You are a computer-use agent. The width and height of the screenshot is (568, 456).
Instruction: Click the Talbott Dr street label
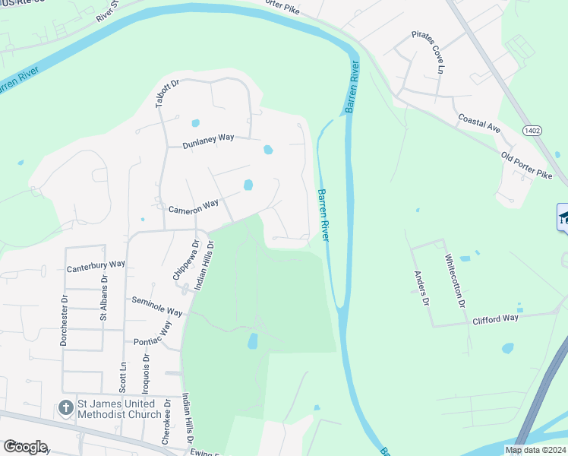coord(162,94)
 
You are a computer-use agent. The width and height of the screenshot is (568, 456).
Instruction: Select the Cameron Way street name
coord(194,206)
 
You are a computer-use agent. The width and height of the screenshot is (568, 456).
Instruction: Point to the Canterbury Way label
coord(95,266)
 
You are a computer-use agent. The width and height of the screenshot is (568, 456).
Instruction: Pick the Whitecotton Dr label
coord(455,280)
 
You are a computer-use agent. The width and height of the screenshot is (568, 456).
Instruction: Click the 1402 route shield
coord(532,131)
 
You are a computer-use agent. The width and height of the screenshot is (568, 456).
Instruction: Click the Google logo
coord(24,447)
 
